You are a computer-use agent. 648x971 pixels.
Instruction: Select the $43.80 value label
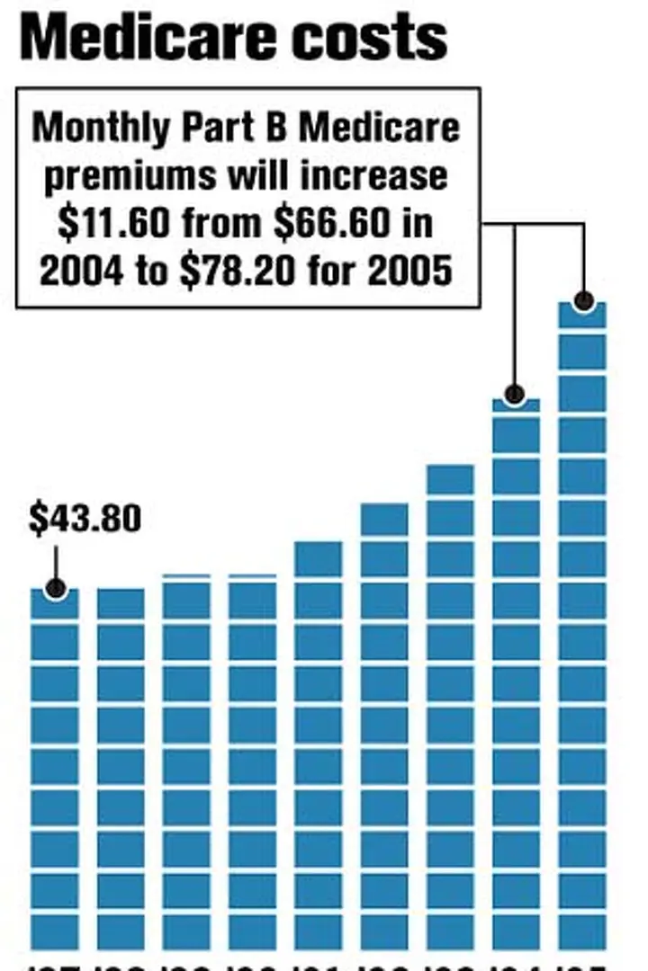85,520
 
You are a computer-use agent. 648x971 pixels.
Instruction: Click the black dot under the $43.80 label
55,589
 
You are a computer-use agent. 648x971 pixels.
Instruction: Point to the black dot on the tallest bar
583,301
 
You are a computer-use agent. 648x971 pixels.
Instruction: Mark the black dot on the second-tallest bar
515,394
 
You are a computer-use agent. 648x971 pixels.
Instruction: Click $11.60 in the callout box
112,222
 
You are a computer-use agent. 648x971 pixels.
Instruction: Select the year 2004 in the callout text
82,270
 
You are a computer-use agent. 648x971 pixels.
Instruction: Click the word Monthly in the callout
95,128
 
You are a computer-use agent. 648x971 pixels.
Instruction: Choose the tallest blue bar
582,629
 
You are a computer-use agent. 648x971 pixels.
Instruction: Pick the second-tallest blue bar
516,674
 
